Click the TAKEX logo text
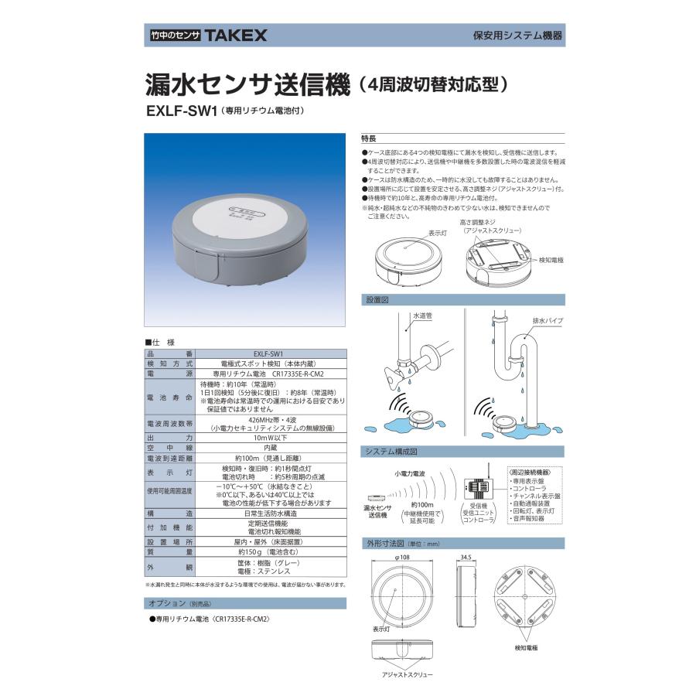pyautogui.click(x=235, y=35)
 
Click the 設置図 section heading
pyautogui.click(x=375, y=299)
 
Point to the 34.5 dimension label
pyautogui.click(x=466, y=556)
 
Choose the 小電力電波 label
pyautogui.click(x=411, y=472)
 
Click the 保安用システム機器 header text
pyautogui.click(x=517, y=36)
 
